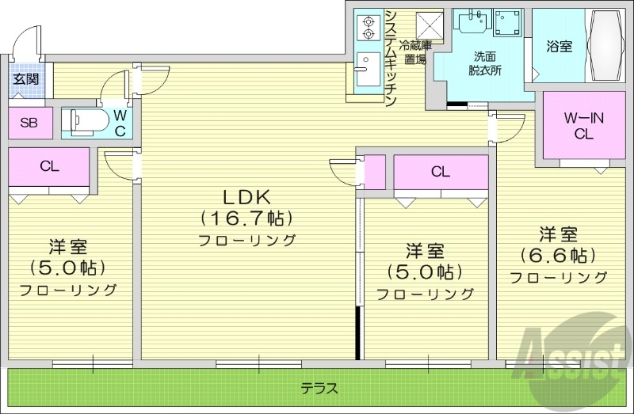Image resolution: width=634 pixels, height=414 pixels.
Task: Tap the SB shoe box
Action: [29, 123]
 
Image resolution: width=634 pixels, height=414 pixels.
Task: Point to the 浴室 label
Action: [559, 47]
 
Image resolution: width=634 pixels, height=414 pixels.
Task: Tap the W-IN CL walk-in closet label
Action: [583, 126]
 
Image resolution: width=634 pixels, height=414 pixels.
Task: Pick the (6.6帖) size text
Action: [558, 256]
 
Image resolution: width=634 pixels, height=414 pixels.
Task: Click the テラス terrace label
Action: [319, 389]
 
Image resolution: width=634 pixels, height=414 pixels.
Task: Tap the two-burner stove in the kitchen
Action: [369, 28]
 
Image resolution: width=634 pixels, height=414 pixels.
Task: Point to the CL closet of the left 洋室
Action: [48, 167]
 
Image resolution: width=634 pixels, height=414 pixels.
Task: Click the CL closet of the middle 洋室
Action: [441, 172]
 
